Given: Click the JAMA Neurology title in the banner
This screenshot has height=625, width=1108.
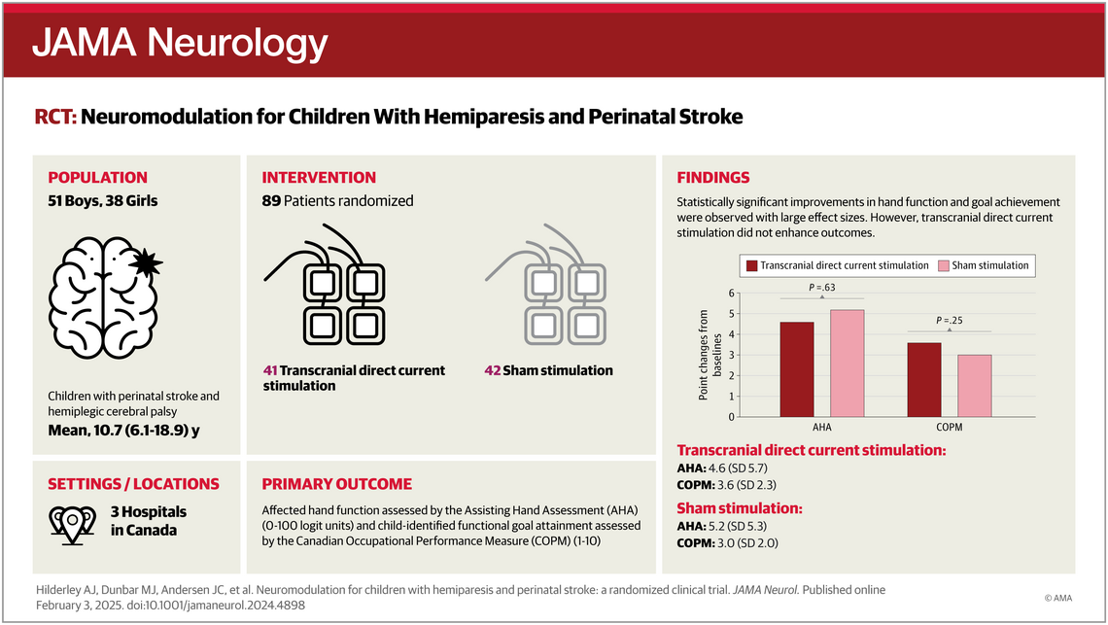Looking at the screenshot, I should coord(181,42).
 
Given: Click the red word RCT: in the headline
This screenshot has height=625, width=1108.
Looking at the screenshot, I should coord(55,118).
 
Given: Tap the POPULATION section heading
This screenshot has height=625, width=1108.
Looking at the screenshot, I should coord(98,178).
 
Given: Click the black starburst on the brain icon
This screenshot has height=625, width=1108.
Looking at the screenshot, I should coord(149,262).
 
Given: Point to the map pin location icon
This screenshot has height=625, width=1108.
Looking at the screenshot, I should coord(70,521).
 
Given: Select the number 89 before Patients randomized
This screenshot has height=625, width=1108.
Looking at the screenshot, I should coord(271,201).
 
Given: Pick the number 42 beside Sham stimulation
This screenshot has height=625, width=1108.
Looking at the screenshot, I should coord(493,370).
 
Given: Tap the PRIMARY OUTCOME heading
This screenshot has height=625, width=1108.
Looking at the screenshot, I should coord(336,483).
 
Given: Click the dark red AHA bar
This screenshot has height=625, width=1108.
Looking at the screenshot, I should coord(797,369).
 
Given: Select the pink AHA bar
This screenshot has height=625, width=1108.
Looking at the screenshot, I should coord(847,364).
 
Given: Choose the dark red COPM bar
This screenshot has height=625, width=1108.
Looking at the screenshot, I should coord(923,380).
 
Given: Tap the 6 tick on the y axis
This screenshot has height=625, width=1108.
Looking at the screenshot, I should coord(732,294).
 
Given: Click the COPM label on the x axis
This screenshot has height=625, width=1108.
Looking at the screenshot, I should coord(948,427).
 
